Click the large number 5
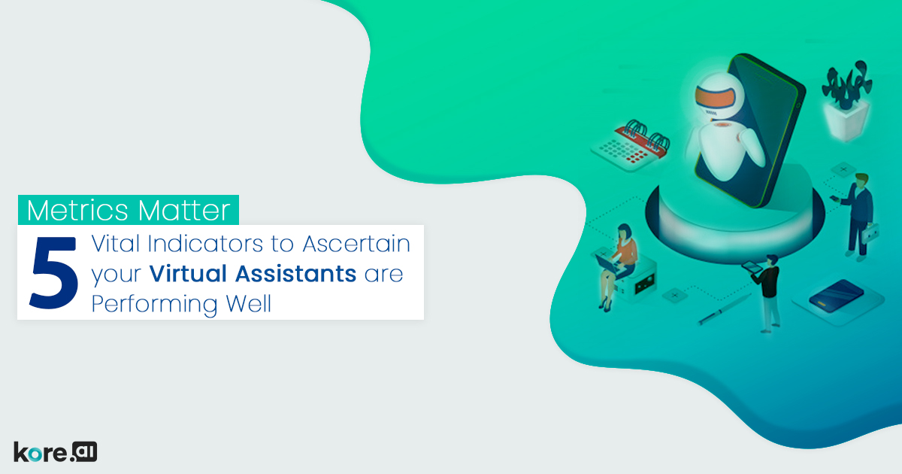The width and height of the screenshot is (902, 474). [53, 272]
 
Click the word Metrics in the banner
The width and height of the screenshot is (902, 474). [73, 211]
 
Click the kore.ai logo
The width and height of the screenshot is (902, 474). [56, 451]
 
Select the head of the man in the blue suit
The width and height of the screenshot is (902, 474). [861, 181]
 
